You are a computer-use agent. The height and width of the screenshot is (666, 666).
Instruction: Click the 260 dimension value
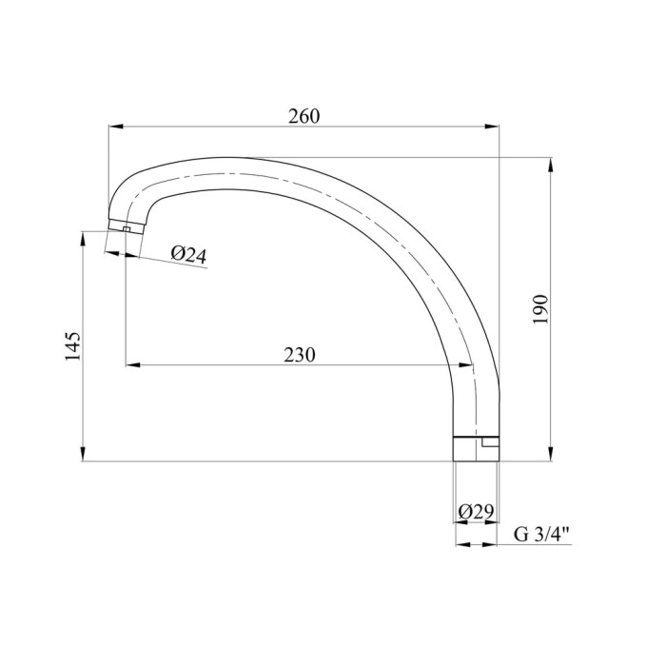pos(304,116)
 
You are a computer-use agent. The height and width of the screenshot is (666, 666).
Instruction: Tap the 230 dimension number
pos(300,355)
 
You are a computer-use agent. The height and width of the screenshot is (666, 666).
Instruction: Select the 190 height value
pos(540,309)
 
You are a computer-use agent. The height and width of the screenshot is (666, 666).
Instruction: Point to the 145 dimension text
pos(72,346)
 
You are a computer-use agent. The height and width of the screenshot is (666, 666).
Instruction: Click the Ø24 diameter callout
pos(189,255)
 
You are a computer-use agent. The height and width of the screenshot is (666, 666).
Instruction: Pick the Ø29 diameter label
pos(476,512)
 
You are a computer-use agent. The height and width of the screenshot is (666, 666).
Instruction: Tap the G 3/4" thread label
pos(542,535)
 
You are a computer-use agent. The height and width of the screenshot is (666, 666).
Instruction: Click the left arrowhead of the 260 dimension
pos(115,127)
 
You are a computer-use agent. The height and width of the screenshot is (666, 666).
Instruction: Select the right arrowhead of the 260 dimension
pos(492,127)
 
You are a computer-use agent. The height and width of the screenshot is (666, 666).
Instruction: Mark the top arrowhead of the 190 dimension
pos(551,165)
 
